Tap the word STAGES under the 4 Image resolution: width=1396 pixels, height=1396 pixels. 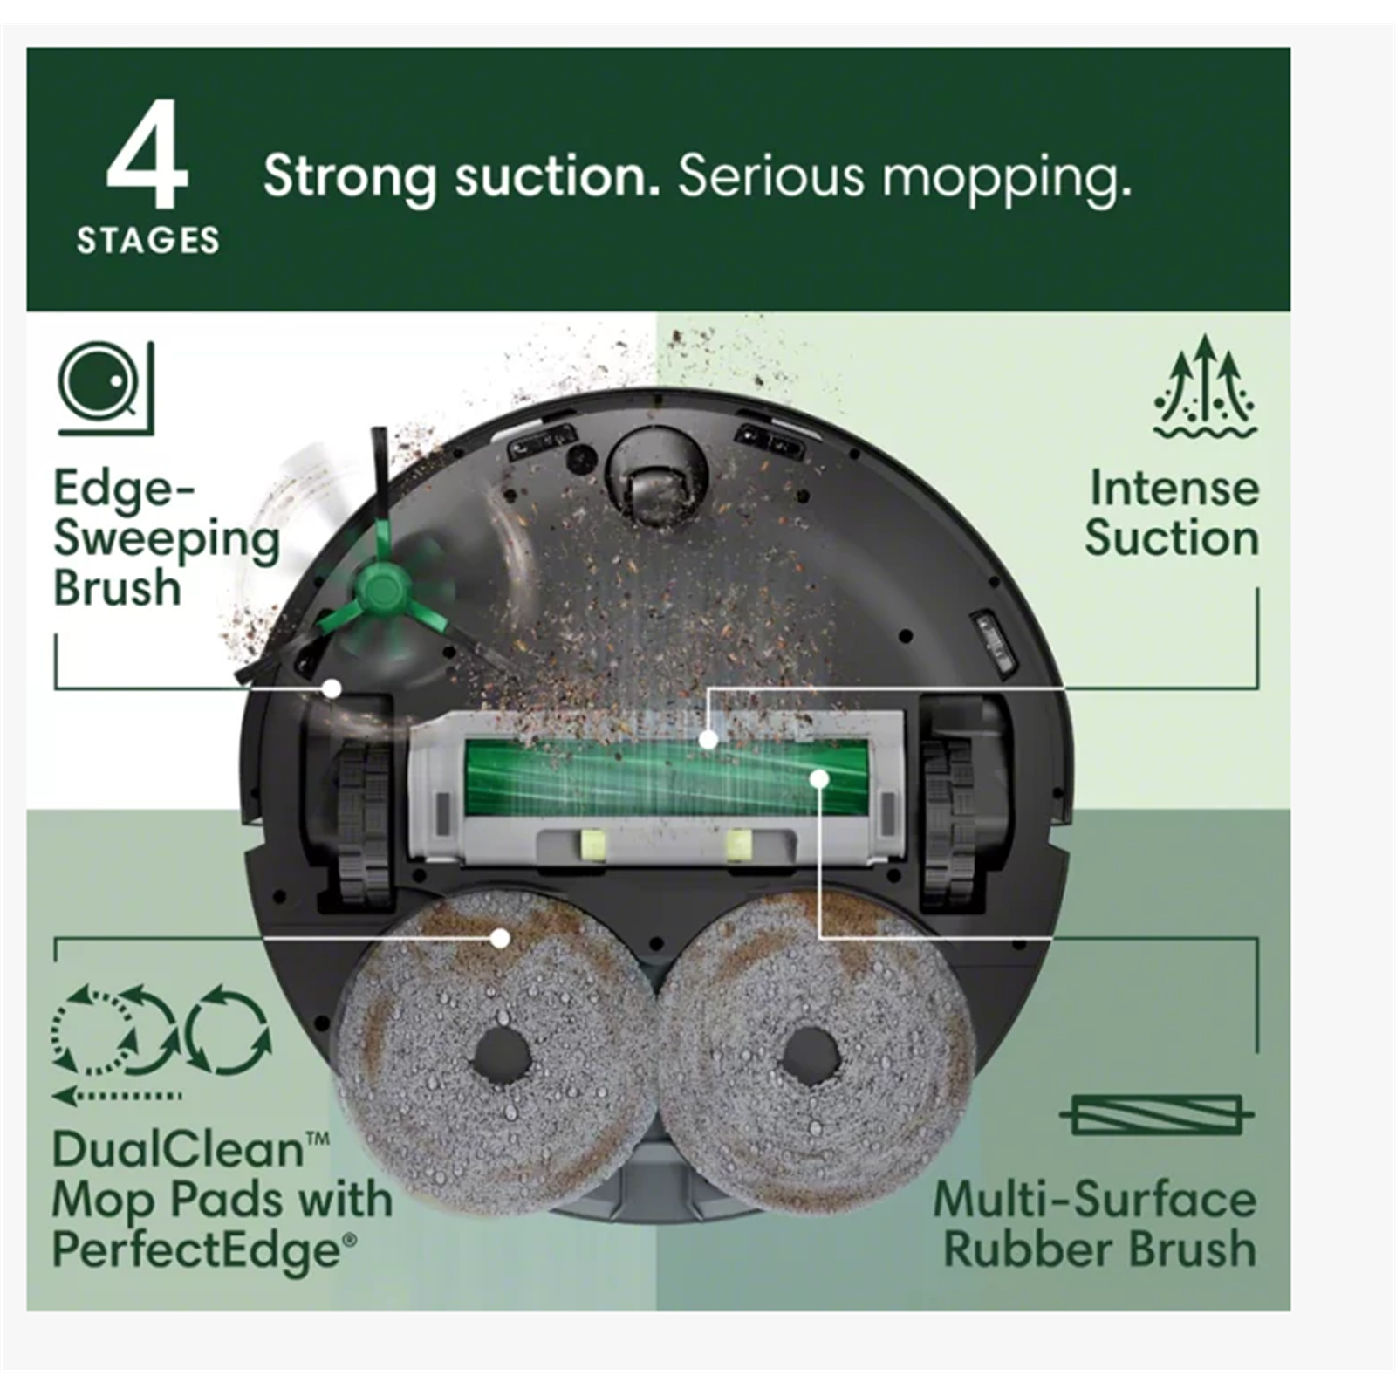pos(148,241)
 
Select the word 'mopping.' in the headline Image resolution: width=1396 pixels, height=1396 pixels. pos(1006,180)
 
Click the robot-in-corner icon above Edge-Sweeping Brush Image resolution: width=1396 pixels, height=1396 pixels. pos(106,387)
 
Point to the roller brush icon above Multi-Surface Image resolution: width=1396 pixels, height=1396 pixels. pos(1157,1114)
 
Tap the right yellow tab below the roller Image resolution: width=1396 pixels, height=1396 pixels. pos(739,845)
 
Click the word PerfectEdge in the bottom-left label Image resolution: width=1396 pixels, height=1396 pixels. pos(196,1250)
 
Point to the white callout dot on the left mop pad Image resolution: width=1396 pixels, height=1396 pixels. pos(500,938)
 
